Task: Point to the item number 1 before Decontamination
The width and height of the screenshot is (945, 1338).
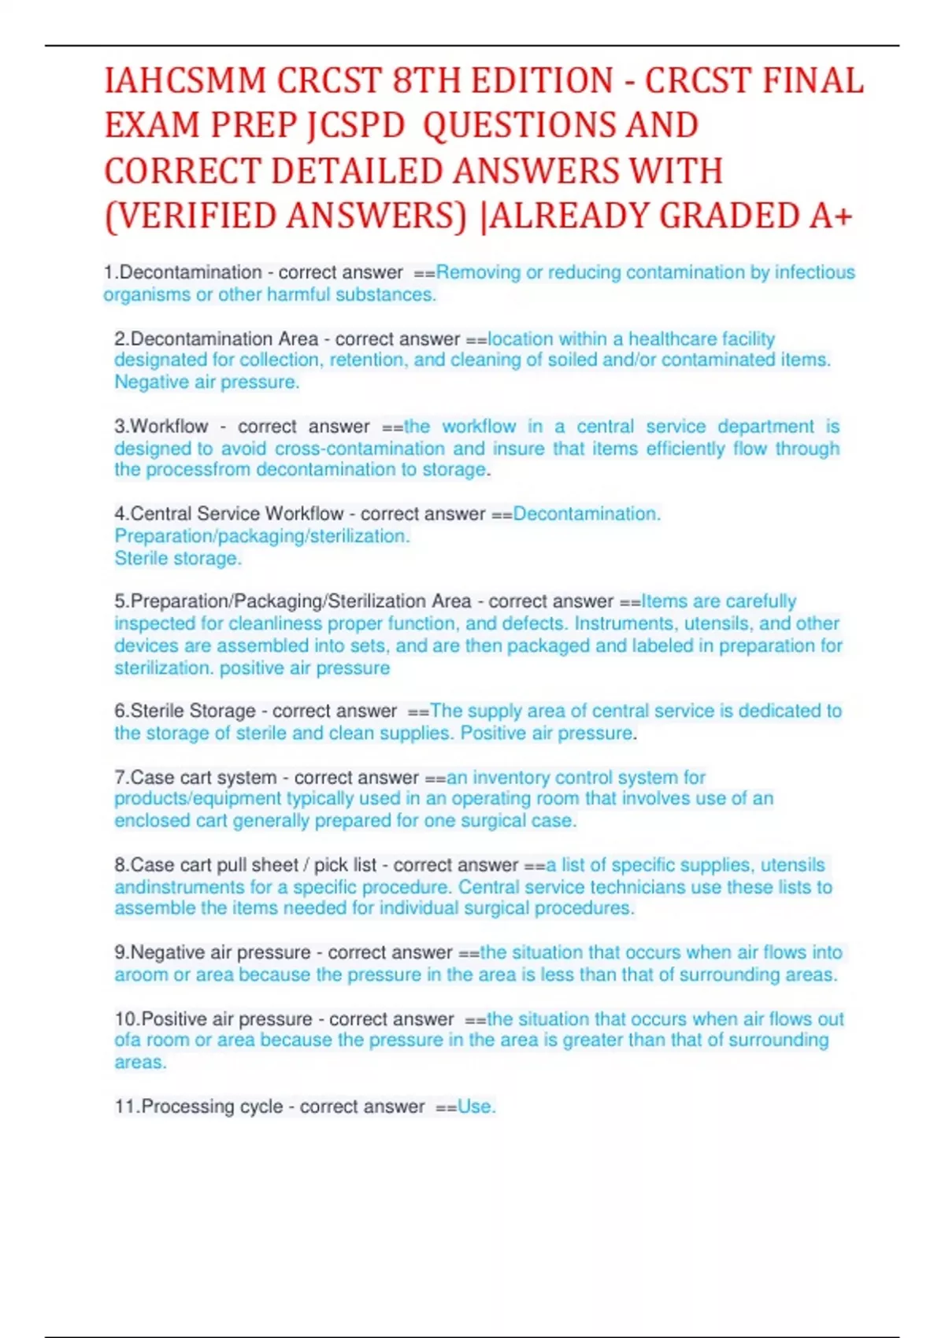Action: pos(109,272)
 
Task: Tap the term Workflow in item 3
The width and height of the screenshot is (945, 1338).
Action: pos(169,427)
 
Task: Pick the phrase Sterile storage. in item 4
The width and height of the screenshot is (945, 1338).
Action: pos(178,559)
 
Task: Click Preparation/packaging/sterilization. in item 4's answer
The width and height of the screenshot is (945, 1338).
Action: pos(262,536)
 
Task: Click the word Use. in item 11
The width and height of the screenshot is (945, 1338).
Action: pos(476,1107)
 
